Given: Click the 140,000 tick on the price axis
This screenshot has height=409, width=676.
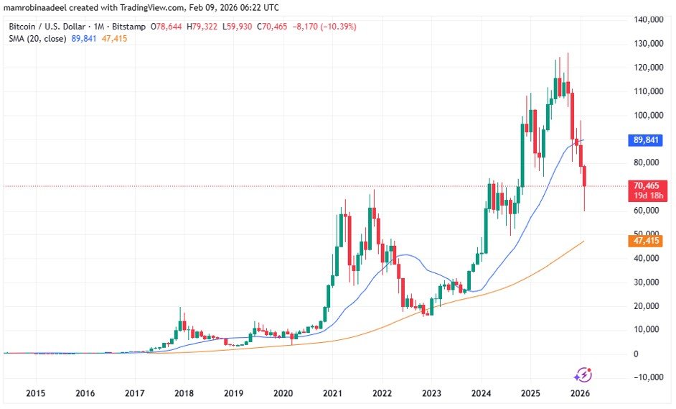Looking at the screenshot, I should tap(649, 20).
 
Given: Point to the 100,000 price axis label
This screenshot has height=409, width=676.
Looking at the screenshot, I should tap(649, 115).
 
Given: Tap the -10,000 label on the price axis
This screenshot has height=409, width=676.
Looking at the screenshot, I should tap(649, 377).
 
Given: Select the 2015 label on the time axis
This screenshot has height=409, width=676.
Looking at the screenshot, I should tap(35, 394).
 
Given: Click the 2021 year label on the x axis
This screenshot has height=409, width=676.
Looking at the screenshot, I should tap(332, 394).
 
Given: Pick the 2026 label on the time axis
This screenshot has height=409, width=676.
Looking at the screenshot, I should tap(580, 394).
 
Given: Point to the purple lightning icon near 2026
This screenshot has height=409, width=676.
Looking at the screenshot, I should tap(583, 374).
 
